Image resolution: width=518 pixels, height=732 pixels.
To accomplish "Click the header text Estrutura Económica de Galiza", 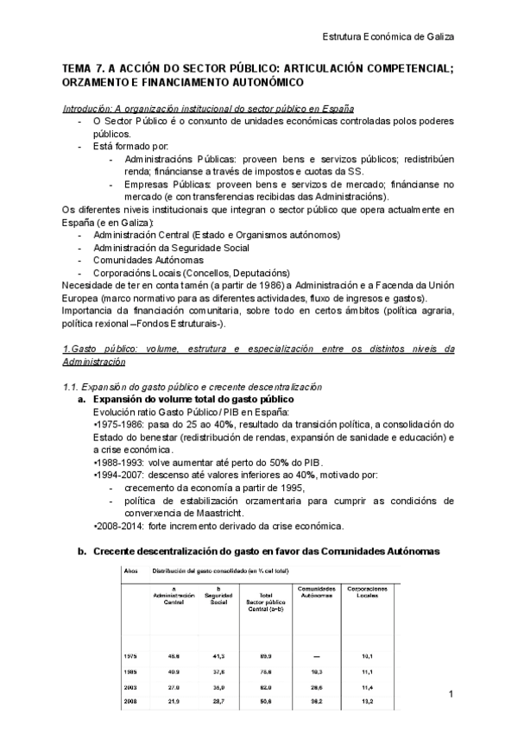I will point(388,36).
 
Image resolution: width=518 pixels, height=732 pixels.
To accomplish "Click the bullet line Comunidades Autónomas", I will point(148,259).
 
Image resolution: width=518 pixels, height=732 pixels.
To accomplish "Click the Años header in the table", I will point(131,571).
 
